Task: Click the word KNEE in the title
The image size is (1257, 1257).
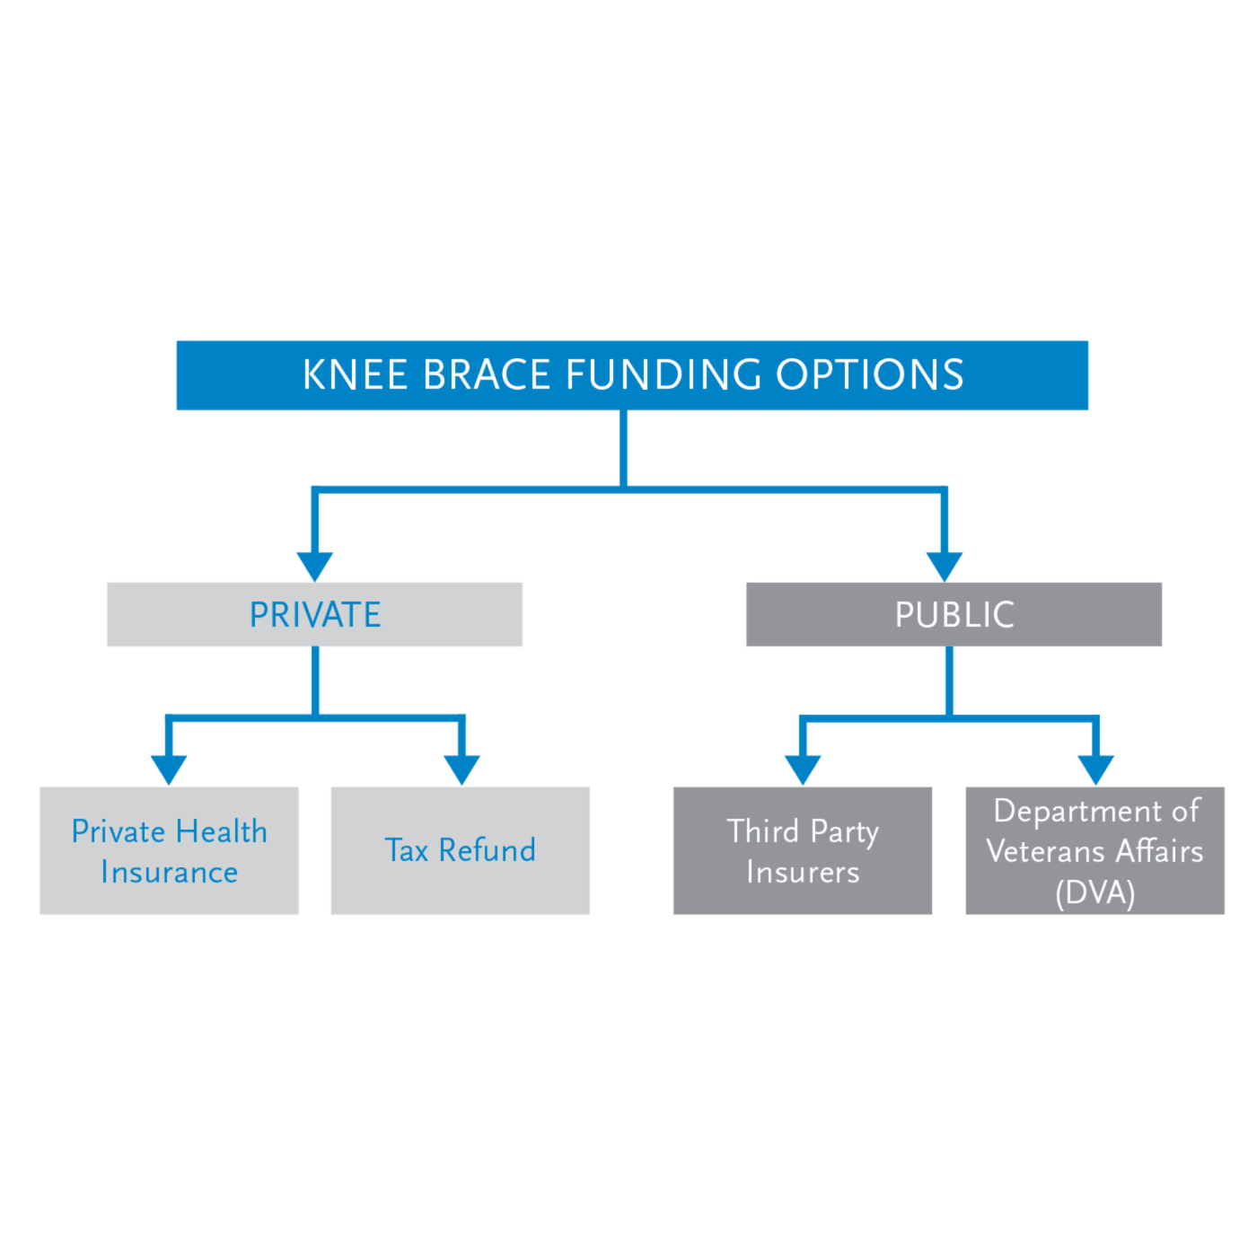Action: pyautogui.click(x=356, y=375)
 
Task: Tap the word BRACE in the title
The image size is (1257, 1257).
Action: pyautogui.click(x=486, y=375)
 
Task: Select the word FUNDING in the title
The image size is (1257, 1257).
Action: pyautogui.click(x=663, y=375)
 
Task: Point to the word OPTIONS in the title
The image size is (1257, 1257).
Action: pyautogui.click(x=869, y=375)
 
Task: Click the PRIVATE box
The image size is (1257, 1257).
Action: pyautogui.click(x=314, y=614)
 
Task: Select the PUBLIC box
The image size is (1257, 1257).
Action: pyautogui.click(x=954, y=614)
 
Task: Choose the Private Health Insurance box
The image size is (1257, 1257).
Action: pyautogui.click(x=169, y=850)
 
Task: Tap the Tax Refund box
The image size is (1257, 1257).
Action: pyautogui.click(x=460, y=850)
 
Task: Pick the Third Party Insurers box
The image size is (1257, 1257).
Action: pyautogui.click(x=803, y=850)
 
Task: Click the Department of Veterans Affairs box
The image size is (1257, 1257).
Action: pyautogui.click(x=1094, y=850)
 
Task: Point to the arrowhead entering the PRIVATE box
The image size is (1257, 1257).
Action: pyautogui.click(x=315, y=567)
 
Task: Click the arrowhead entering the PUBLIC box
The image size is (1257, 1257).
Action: pyautogui.click(x=944, y=567)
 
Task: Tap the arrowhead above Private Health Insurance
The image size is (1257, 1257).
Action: pyautogui.click(x=169, y=769)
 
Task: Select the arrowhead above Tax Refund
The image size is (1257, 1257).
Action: pyautogui.click(x=461, y=769)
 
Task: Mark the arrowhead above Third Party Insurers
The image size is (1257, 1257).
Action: pyautogui.click(x=803, y=769)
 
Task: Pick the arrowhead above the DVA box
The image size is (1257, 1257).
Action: pyautogui.click(x=1096, y=769)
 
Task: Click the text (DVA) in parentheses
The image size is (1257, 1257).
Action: pyautogui.click(x=1095, y=892)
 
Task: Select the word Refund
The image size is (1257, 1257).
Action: pyautogui.click(x=487, y=850)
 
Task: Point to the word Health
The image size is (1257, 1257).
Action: pyautogui.click(x=221, y=831)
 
